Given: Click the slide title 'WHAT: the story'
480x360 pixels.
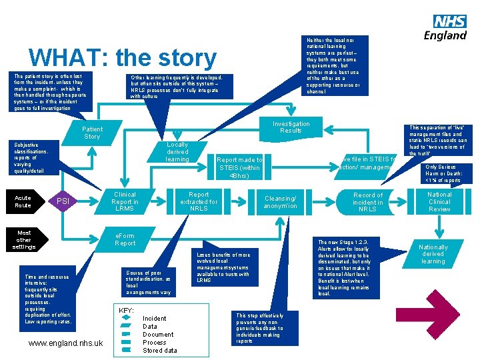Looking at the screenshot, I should point(123,59).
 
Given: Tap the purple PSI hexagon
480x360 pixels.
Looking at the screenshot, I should point(63,201).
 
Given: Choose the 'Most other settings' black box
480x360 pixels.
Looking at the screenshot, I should point(24,239).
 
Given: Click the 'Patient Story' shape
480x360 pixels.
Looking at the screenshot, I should point(92,132).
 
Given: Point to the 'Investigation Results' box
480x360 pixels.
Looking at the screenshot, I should point(291,127).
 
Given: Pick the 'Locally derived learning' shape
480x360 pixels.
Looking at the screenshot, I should point(177,152).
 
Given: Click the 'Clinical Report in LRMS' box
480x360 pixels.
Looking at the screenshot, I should point(125,201).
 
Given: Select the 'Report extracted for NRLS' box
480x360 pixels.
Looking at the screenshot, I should point(199,201).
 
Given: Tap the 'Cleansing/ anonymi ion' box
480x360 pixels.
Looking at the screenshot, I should point(281,201).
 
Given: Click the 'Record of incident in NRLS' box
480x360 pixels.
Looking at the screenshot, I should point(367,201).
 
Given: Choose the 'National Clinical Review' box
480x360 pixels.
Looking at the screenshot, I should point(439,201).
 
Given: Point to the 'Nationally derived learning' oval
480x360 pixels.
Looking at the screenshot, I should point(433,254).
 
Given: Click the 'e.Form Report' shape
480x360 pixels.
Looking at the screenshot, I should point(125,239).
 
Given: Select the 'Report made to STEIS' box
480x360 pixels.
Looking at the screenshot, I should point(240,167).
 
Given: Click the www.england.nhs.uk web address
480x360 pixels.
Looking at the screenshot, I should point(66,343).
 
